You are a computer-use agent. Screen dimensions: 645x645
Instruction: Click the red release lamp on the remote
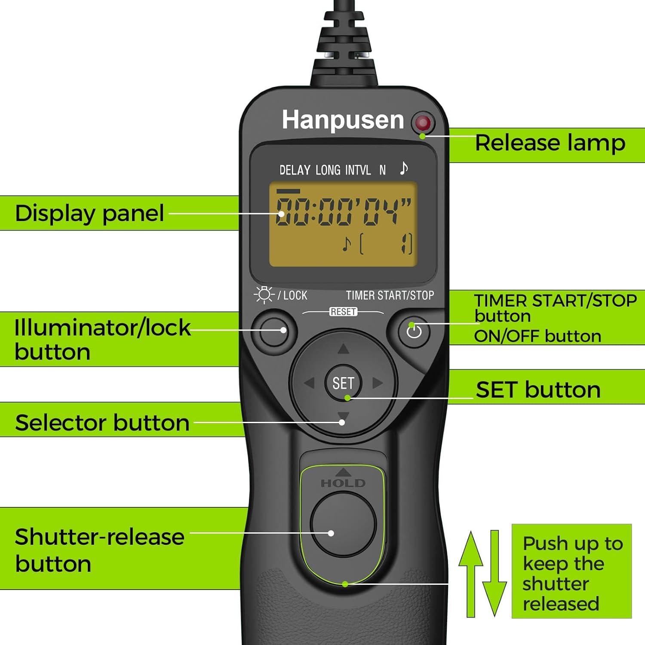pyautogui.click(x=423, y=123)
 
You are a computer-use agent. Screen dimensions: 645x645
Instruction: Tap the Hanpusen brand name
pyautogui.click(x=343, y=120)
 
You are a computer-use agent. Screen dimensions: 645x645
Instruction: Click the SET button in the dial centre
pyautogui.click(x=343, y=383)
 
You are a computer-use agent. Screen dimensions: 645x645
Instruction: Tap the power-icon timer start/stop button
pyautogui.click(x=414, y=331)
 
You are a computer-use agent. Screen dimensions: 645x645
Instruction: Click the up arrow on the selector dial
pyautogui.click(x=343, y=349)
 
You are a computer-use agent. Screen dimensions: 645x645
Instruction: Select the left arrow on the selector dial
pyautogui.click(x=309, y=383)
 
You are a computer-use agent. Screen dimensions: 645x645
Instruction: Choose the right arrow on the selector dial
pyautogui.click(x=378, y=383)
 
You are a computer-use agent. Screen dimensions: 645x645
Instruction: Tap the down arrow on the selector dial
pyautogui.click(x=343, y=416)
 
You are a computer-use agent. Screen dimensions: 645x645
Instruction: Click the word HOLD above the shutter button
pyautogui.click(x=343, y=483)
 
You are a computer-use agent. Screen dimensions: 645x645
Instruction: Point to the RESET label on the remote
pyautogui.click(x=343, y=312)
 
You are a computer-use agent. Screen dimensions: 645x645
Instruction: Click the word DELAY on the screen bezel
pyautogui.click(x=295, y=170)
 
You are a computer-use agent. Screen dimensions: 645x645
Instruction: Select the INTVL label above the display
pyautogui.click(x=358, y=170)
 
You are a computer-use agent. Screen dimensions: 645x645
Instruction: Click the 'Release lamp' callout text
pyautogui.click(x=550, y=143)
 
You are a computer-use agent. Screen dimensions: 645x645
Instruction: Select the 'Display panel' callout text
pyautogui.click(x=89, y=213)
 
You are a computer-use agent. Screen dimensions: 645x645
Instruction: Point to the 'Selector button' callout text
pyautogui.click(x=102, y=423)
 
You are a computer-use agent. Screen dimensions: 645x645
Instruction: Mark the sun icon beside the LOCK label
pyautogui.click(x=264, y=295)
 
